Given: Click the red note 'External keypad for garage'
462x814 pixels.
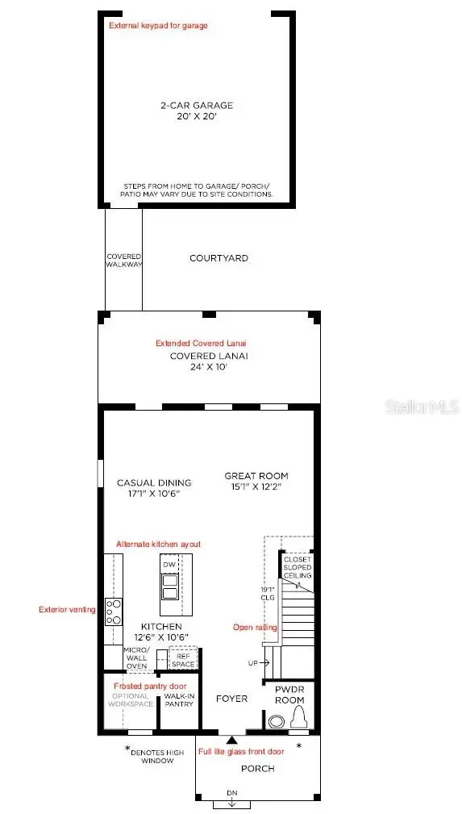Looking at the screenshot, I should pos(158,26).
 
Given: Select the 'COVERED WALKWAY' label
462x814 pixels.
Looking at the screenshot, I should pos(124,261).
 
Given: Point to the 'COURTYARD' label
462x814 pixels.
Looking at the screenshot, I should pos(219,258).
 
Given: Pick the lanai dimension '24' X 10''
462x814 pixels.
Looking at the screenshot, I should pos(209,366).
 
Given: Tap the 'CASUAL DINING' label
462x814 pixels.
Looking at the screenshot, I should pos(148,482).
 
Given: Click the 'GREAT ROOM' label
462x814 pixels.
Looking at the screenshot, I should pos(256,476).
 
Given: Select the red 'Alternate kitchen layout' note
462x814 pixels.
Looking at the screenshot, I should pos(159,545).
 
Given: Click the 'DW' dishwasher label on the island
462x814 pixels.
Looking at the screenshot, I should pos(169,565).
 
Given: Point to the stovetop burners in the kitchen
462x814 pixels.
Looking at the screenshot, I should pos(114,611).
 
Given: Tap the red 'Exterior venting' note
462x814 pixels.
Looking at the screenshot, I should pos(67,610).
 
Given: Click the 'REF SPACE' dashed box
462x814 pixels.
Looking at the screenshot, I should pos(182,659).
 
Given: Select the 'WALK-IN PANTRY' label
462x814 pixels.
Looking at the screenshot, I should pos(179,699).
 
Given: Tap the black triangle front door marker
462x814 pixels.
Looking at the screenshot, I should pos(231,739).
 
